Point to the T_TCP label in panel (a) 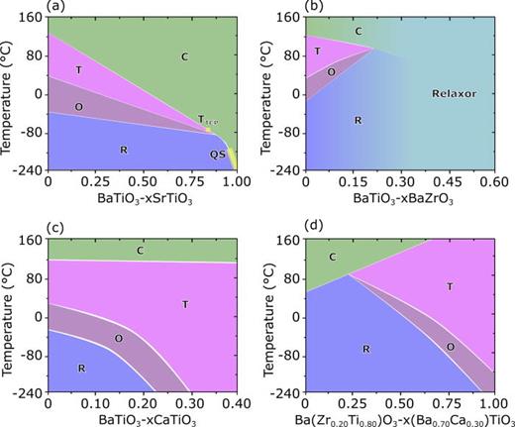pyautogui.click(x=206, y=120)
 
